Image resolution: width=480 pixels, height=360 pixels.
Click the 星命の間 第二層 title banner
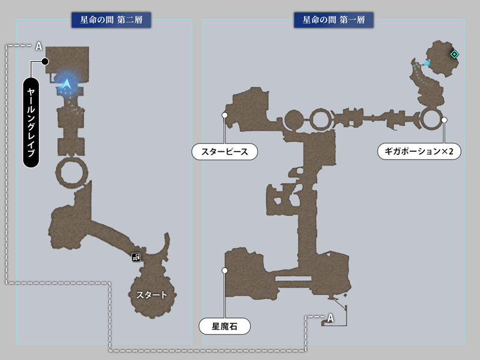[x=111, y=20]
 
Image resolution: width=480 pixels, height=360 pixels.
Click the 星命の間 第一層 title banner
[x=334, y=20]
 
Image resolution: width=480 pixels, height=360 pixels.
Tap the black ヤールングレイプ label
[x=31, y=122]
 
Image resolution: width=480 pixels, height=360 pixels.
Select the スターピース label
[x=224, y=152]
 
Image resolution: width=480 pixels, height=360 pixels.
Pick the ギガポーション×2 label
[x=419, y=151]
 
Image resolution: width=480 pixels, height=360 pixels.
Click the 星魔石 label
[x=224, y=326]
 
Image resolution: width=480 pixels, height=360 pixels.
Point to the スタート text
[x=152, y=295]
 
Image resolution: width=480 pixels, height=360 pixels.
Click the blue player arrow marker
[x=66, y=83]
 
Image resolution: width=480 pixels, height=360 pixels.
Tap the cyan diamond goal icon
[x=455, y=54]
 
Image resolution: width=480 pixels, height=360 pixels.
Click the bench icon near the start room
[x=136, y=257]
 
